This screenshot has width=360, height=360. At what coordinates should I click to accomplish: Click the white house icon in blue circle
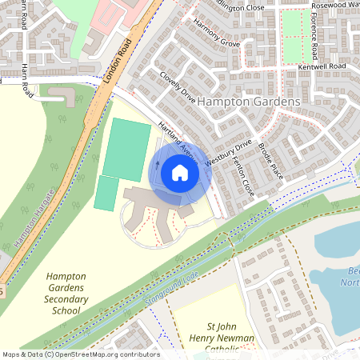click(x=180, y=172)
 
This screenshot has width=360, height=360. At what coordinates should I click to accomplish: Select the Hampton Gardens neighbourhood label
click(x=248, y=102)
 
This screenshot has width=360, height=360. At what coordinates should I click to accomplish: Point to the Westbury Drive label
click(x=228, y=153)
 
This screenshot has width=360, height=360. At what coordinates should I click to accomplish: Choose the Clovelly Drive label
click(x=178, y=88)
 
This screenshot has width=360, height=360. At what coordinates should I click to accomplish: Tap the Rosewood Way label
click(x=334, y=5)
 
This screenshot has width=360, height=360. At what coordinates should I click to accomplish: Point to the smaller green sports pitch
click(x=105, y=193)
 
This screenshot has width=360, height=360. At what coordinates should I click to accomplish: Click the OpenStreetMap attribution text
click(x=81, y=354)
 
